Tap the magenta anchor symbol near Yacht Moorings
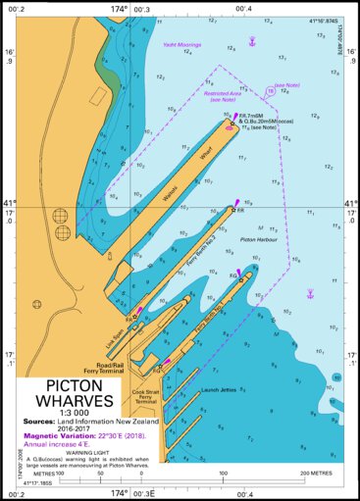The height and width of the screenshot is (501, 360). pyautogui.click(x=252, y=41)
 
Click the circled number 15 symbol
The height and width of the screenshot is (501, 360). pyautogui.click(x=271, y=91)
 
